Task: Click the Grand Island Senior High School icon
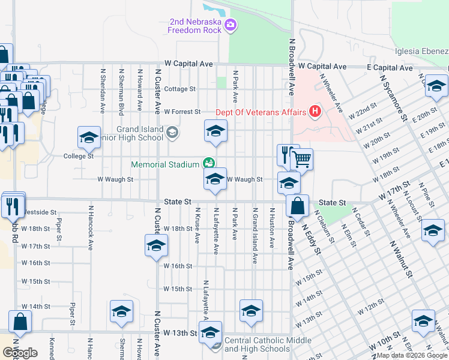click(172, 133)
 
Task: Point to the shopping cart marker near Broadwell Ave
click(302, 160)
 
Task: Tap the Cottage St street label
click(180, 89)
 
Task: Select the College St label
click(79, 156)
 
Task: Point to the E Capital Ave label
click(390, 68)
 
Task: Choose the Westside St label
click(39, 212)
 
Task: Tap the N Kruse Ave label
click(197, 226)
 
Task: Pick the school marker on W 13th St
click(210, 332)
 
